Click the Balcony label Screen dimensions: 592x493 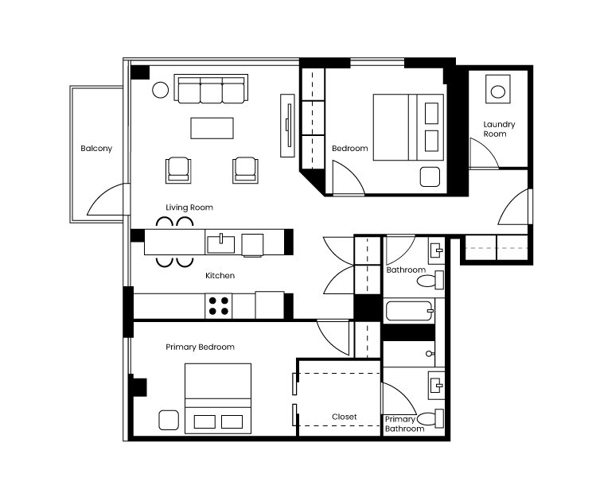click(x=96, y=149)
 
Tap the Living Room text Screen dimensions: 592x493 click(x=189, y=208)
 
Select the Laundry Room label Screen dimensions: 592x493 click(x=499, y=129)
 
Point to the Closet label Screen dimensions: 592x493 click(x=344, y=417)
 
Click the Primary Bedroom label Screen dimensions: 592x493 click(x=200, y=347)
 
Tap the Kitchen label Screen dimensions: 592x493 click(x=220, y=276)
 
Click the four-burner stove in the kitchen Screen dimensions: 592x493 click(x=219, y=306)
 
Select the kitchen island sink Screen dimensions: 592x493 click(x=220, y=244)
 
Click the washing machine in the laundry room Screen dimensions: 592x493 click(x=498, y=89)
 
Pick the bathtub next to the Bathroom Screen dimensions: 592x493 click(x=409, y=311)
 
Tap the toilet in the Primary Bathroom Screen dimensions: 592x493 click(x=430, y=418)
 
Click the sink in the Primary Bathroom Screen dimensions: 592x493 click(x=436, y=386)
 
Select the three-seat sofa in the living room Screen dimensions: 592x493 click(x=211, y=89)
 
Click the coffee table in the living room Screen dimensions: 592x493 click(x=212, y=128)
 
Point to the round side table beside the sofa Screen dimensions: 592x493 click(x=160, y=90)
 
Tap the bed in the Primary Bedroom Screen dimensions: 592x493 click(x=218, y=398)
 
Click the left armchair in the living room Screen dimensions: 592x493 click(x=178, y=170)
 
